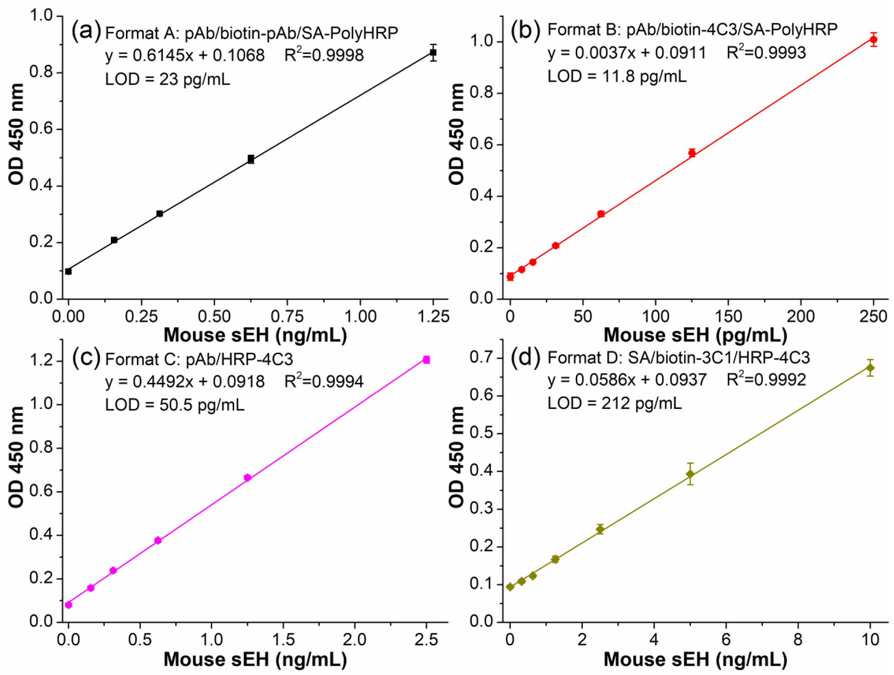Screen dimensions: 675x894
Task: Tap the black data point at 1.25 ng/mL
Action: point(433,53)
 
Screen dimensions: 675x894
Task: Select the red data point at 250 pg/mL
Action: point(873,39)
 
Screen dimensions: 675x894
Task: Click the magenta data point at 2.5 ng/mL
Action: point(426,360)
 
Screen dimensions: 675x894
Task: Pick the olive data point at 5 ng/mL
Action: point(690,474)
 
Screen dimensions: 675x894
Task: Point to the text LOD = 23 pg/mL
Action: point(167,79)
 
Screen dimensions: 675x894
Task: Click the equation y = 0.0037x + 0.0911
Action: point(626,53)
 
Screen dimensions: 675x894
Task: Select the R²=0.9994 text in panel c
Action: point(324,381)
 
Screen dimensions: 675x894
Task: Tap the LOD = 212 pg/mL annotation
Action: point(614,403)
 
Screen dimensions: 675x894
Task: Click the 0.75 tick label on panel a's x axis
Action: point(287,316)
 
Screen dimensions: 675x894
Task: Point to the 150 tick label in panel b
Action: point(728,316)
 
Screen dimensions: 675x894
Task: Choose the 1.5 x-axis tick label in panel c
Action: point(282,640)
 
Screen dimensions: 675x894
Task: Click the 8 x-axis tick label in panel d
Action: point(798,640)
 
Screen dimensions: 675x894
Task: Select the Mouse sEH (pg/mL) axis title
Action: point(695,335)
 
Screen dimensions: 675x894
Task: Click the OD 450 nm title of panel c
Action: point(16,457)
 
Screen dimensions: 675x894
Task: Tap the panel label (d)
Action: point(525,357)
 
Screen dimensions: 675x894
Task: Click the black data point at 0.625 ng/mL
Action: point(251,159)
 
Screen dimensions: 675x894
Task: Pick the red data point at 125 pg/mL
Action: point(692,153)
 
